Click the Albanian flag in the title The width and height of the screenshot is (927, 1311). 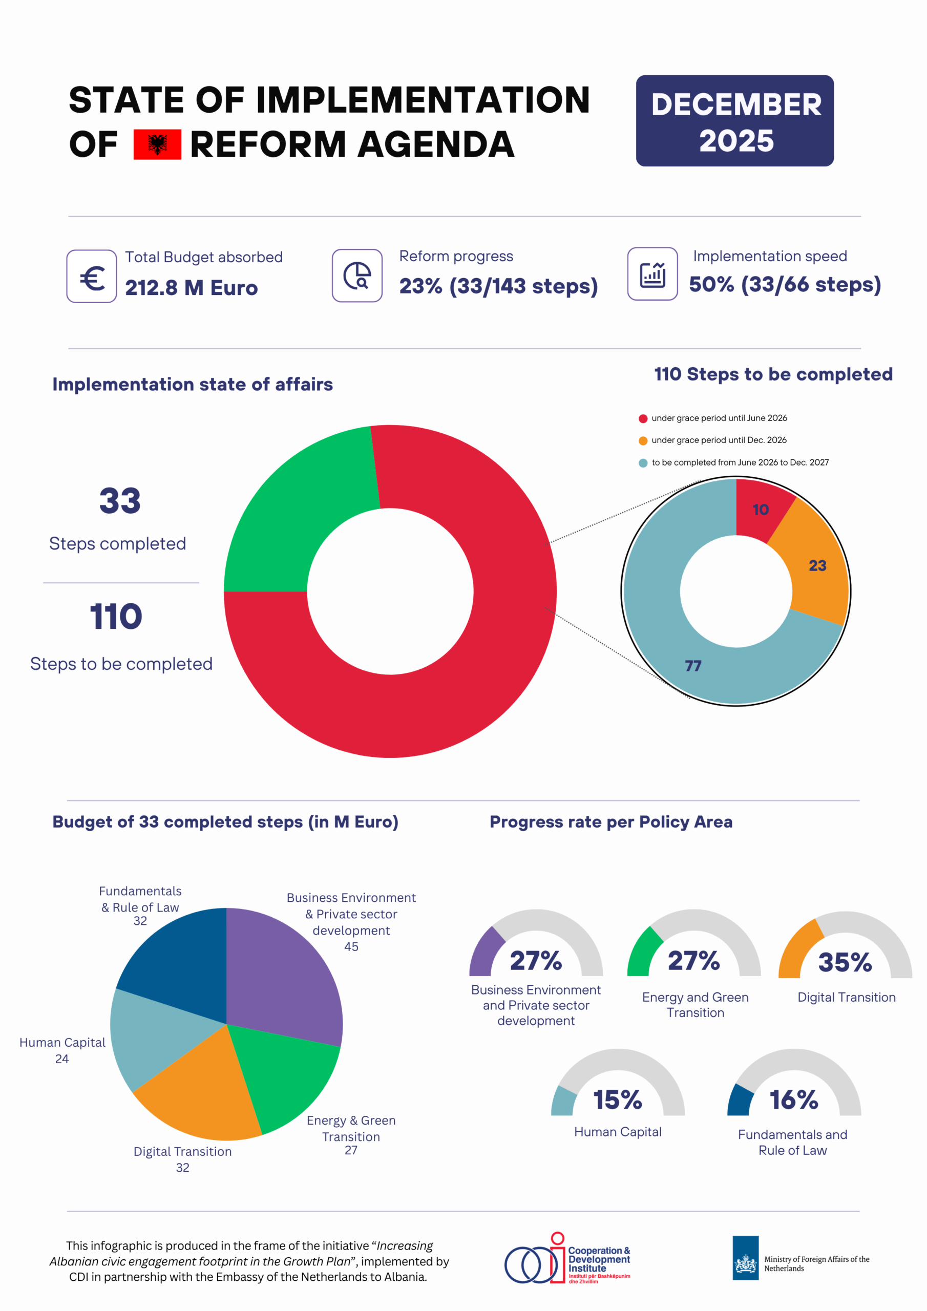tap(157, 144)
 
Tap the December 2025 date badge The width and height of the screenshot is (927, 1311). tap(734, 121)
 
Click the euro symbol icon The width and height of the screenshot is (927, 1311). tap(92, 277)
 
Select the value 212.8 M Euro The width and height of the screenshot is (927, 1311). tap(192, 288)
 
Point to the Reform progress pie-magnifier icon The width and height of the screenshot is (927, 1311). tap(357, 276)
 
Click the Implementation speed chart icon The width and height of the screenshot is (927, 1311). tap(652, 274)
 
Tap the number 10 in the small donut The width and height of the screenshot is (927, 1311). tap(760, 510)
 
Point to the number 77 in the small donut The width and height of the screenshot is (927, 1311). tap(693, 666)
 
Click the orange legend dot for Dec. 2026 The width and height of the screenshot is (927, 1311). tap(643, 441)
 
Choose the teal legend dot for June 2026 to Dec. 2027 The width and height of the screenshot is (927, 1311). tap(643, 463)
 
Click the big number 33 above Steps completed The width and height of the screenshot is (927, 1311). tap(120, 501)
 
